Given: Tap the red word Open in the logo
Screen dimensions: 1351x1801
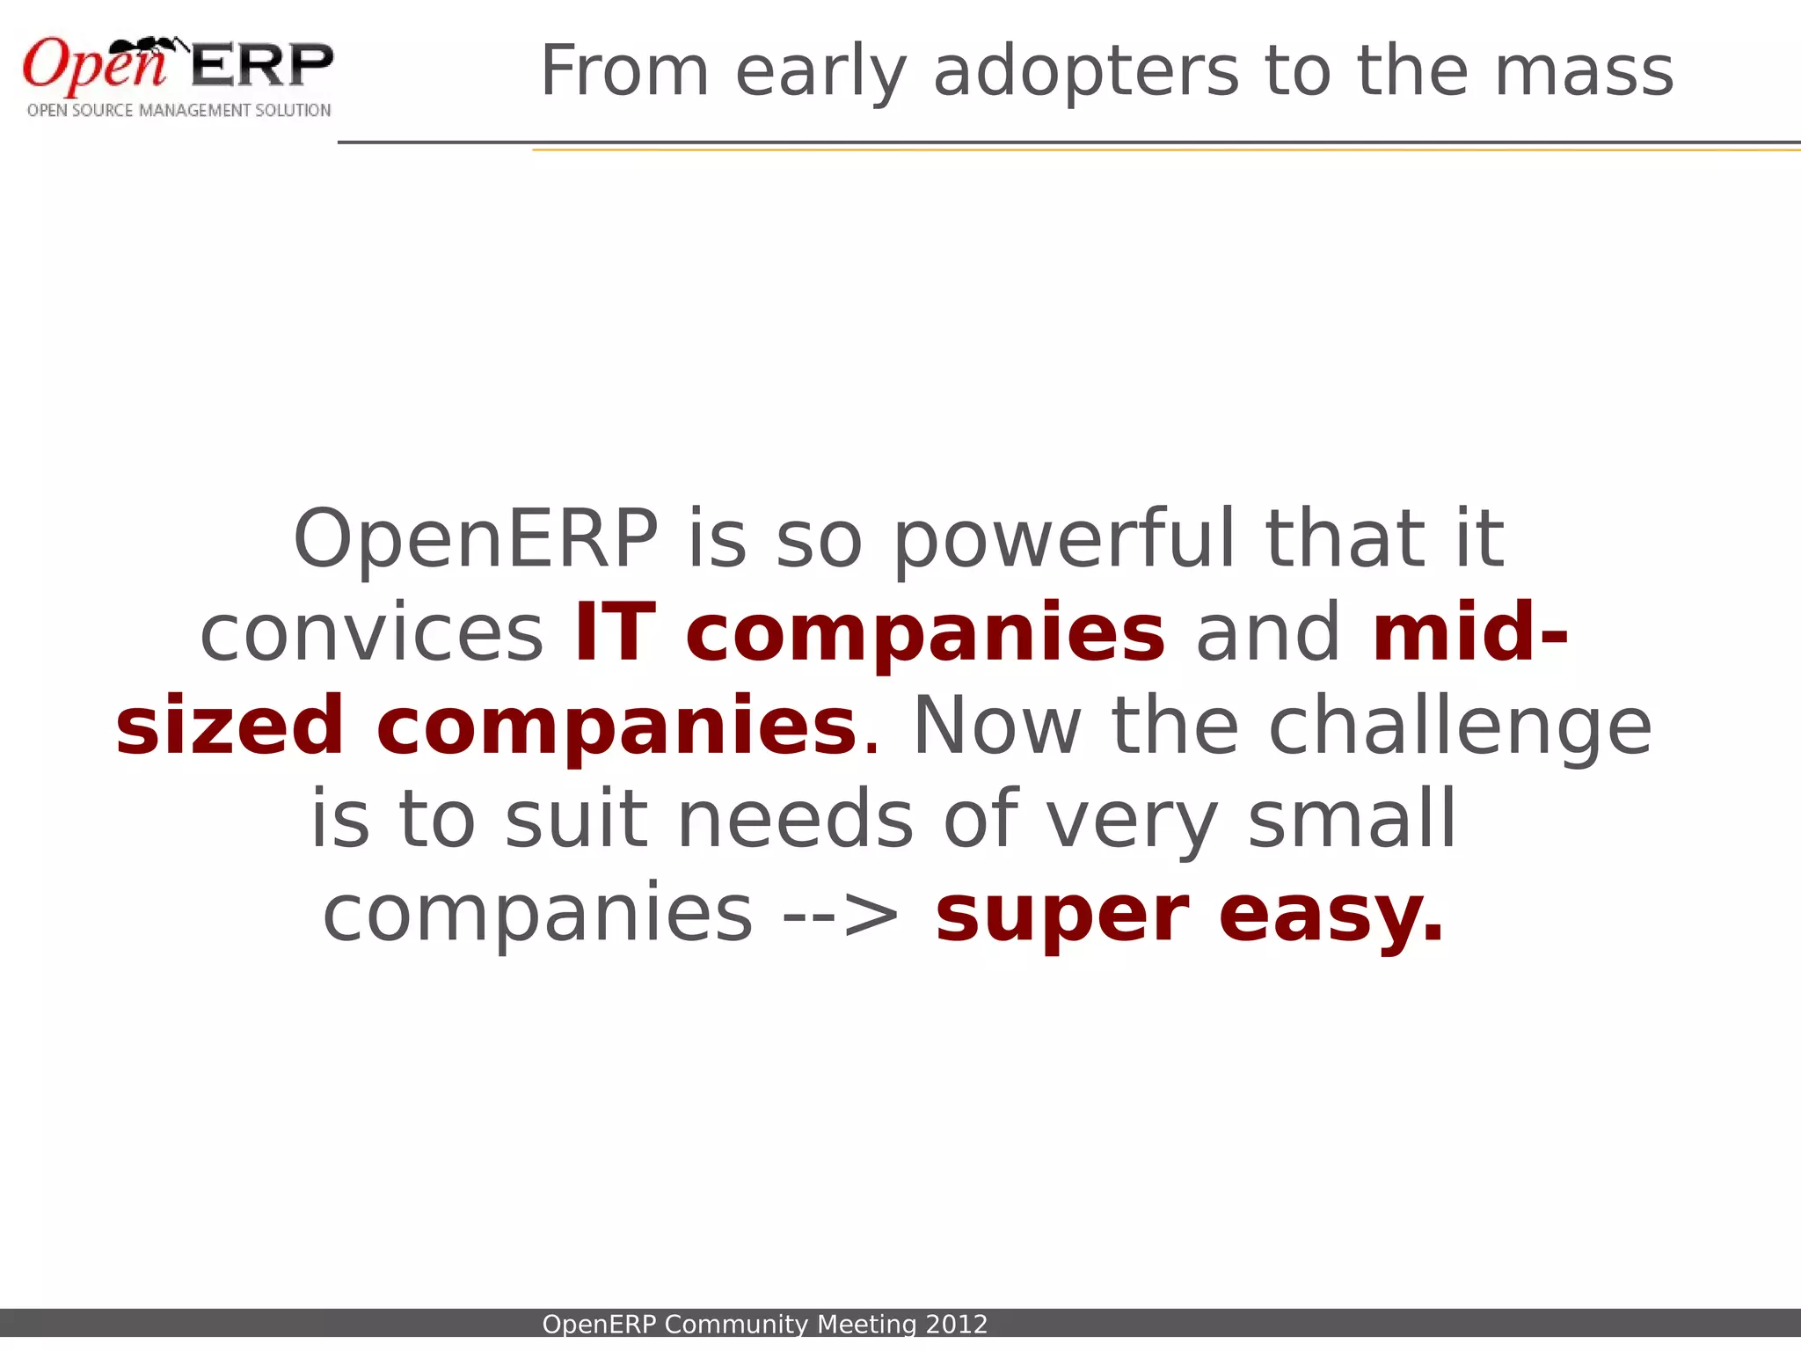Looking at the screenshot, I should click(92, 67).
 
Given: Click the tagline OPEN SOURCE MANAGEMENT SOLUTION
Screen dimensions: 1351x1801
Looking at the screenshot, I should click(179, 111).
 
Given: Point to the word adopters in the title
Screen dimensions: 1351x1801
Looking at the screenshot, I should click(1085, 71).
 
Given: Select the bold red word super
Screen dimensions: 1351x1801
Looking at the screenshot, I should click(1062, 915).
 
